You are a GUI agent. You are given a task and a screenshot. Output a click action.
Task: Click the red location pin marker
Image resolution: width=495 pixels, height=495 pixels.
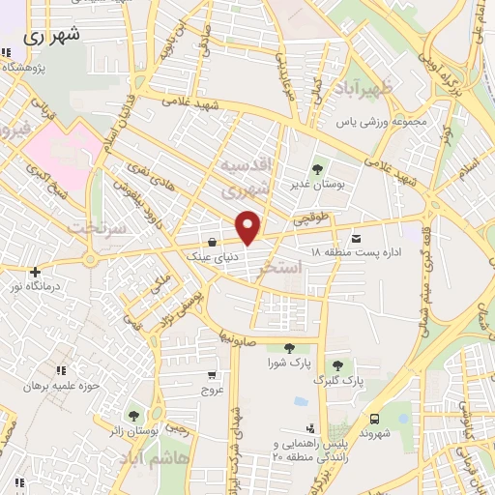click(249, 227)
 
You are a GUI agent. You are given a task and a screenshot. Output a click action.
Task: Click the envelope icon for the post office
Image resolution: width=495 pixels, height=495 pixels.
click(357, 238)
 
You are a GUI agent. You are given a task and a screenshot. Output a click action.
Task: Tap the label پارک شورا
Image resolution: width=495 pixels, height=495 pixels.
click(288, 364)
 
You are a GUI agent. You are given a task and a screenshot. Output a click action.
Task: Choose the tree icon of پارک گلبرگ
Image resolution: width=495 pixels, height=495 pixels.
click(336, 365)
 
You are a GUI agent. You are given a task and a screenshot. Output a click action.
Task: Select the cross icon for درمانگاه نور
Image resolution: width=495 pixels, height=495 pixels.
click(36, 273)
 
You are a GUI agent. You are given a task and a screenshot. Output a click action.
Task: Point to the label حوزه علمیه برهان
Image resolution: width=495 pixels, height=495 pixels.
click(60, 385)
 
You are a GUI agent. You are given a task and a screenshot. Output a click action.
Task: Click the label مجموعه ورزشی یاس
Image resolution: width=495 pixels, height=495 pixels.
click(394, 124)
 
